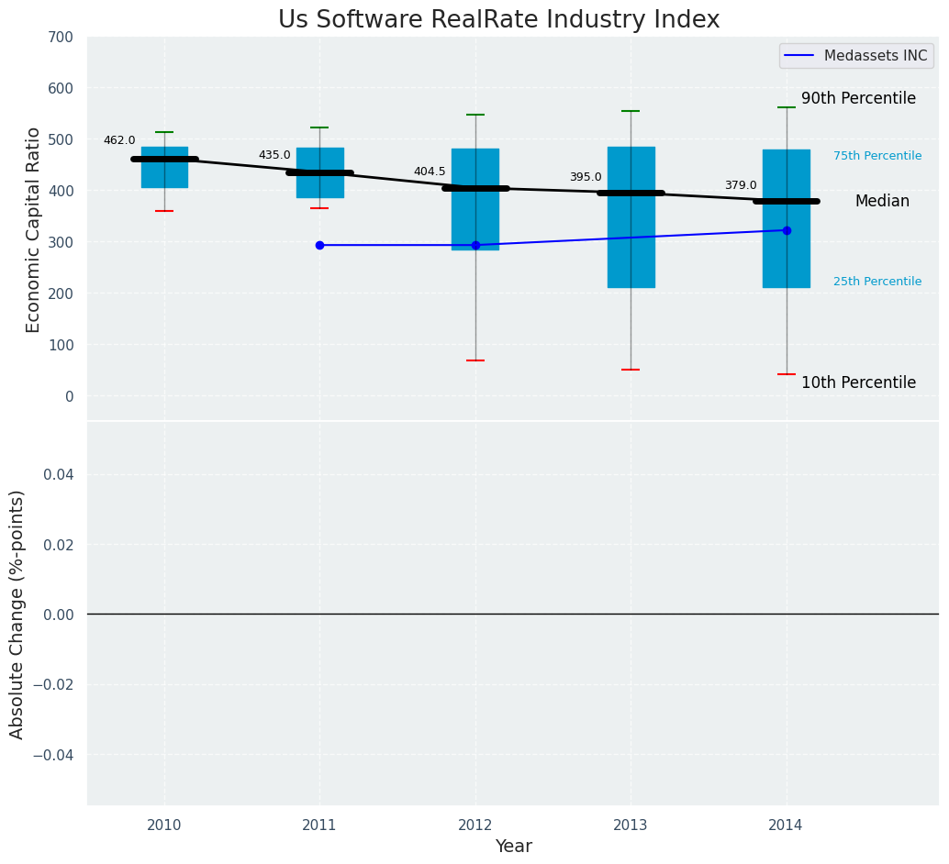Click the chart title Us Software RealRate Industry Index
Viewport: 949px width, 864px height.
498,20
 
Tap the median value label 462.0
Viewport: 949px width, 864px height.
119,140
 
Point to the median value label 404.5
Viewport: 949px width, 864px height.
430,172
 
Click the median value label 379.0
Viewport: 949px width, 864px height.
741,185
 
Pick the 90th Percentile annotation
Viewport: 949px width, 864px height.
858,98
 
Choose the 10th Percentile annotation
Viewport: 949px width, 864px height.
858,382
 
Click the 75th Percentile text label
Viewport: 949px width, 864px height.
877,156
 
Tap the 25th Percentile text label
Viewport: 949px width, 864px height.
877,282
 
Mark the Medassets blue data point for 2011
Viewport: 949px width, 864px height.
319,245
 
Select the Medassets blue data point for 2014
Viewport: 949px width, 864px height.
787,230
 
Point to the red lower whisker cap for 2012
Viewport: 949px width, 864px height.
475,360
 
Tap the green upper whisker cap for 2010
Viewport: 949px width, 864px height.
164,132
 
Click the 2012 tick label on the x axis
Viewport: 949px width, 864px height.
475,825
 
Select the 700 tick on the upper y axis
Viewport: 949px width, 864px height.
61,38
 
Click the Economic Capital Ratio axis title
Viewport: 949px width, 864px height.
34,229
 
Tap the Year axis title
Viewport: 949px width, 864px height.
513,847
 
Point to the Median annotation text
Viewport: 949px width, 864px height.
882,201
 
